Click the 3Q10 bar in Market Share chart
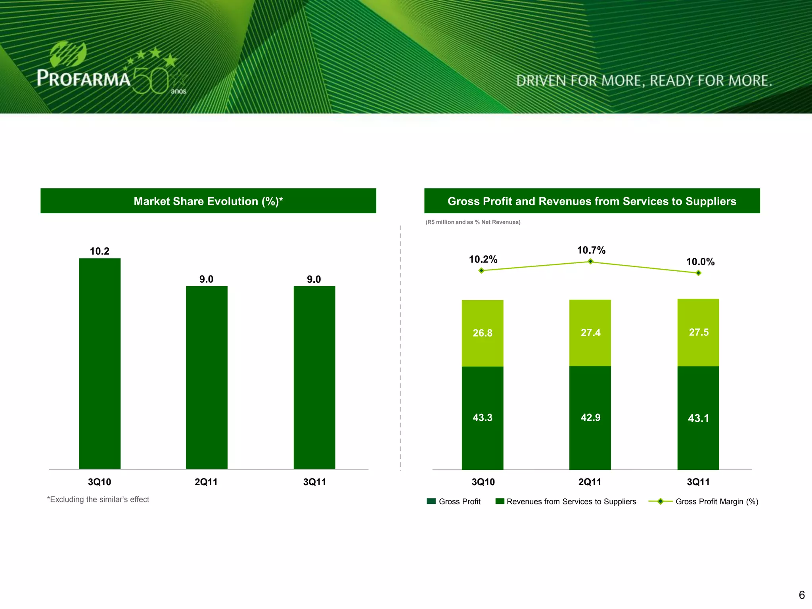point(100,363)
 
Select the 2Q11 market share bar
point(207,377)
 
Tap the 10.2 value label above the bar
point(100,251)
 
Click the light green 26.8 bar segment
point(483,333)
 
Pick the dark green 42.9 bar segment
point(590,417)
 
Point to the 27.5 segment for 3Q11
point(698,332)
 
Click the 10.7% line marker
point(590,261)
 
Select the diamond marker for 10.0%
point(699,273)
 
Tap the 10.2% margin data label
point(483,259)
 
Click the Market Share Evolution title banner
point(208,201)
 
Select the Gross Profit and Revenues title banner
point(592,201)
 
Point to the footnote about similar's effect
point(98,500)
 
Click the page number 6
point(802,595)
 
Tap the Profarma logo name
point(84,78)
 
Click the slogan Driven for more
point(644,81)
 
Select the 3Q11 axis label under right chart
point(698,482)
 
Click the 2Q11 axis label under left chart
point(206,482)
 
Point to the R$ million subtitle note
point(473,222)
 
